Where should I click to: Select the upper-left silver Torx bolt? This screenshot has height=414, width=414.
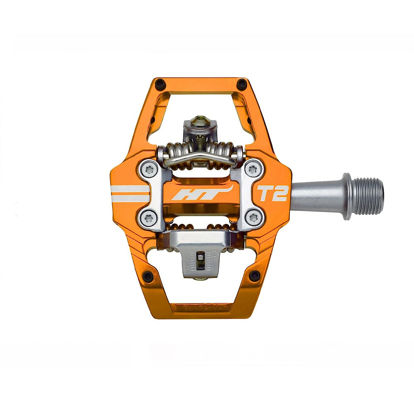tap(149, 169)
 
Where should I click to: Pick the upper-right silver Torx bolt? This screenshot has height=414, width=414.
tap(253, 169)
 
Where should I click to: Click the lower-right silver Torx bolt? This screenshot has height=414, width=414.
tap(253, 218)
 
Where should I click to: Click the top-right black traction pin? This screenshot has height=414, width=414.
tap(242, 84)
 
